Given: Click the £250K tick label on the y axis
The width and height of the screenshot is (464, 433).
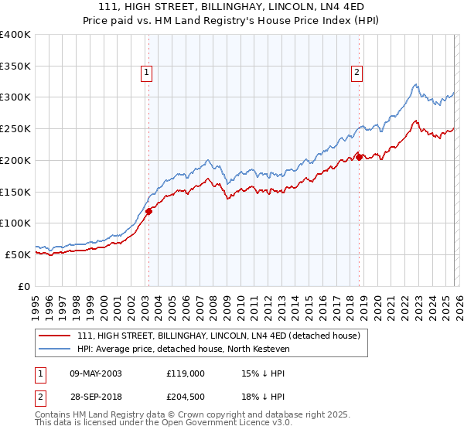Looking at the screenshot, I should [x=15, y=129].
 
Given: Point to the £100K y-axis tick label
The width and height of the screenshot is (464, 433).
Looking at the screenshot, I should [x=15, y=223].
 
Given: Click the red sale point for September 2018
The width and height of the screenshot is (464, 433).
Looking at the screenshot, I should [x=360, y=159].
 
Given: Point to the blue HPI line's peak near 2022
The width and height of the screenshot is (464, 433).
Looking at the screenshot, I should [x=415, y=84].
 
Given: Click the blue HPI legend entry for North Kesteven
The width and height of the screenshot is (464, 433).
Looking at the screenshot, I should [x=193, y=349].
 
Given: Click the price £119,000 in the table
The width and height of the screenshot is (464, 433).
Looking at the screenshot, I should [x=185, y=373].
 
